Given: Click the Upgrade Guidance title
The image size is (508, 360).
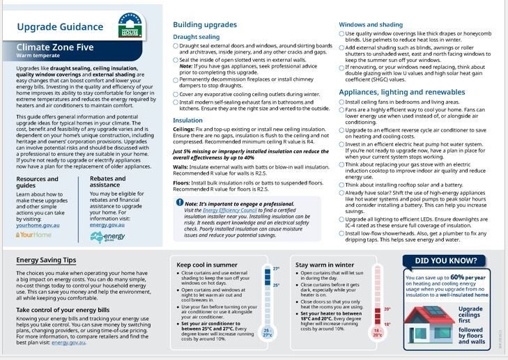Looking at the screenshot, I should pyautogui.click(x=59, y=27).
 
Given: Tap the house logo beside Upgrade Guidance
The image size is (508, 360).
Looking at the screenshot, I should pyautogui.click(x=130, y=25).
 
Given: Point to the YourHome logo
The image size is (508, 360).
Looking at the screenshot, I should pyautogui.click(x=33, y=235).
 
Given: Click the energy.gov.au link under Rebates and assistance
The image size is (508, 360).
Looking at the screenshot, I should pyautogui.click(x=107, y=225).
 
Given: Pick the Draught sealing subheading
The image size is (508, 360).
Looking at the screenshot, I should pyautogui.click(x=196, y=36).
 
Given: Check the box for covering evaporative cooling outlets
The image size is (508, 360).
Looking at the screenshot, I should pyautogui.click(x=176, y=94).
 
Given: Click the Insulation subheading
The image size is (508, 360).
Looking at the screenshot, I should pyautogui.click(x=187, y=120).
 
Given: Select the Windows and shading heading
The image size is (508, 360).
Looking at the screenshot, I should pyautogui.click(x=371, y=24).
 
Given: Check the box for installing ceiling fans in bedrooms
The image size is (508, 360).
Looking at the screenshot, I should pyautogui.click(x=341, y=102).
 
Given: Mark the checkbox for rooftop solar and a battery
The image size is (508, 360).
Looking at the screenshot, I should pyautogui.click(x=341, y=185).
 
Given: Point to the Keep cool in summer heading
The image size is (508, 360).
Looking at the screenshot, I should pyautogui.click(x=207, y=265).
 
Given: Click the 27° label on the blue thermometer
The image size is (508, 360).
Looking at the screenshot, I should pyautogui.click(x=275, y=269).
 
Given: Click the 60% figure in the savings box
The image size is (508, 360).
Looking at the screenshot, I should pyautogui.click(x=457, y=277).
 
